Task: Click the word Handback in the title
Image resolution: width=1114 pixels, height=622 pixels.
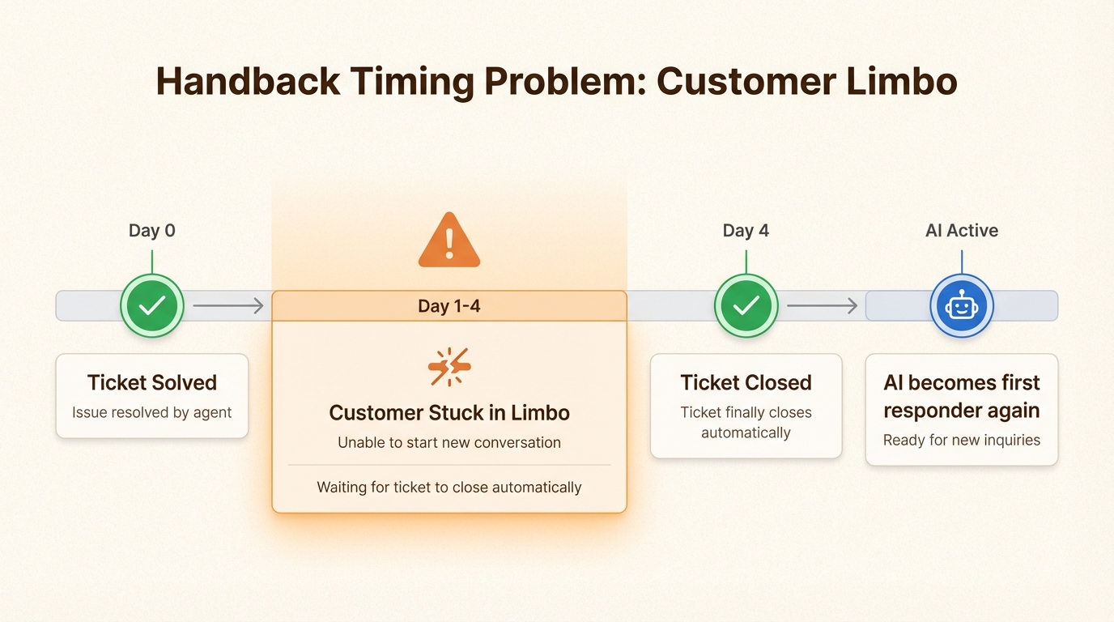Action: [x=249, y=81]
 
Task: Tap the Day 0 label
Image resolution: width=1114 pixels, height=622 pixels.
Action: [x=151, y=230]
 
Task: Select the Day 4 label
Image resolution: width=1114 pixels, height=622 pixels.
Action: [x=746, y=230]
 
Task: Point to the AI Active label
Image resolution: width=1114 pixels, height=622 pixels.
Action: [x=961, y=230]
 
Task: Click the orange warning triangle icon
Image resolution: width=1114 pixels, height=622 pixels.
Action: [x=449, y=241]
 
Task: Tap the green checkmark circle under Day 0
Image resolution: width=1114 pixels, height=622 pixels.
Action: [x=152, y=305]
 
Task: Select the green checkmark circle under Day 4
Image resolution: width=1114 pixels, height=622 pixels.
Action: [x=746, y=305]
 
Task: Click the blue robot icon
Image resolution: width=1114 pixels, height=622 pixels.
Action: [x=962, y=305]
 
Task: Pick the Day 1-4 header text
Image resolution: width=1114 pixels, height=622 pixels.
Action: [x=449, y=306]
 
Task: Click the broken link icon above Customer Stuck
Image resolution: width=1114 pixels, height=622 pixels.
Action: [x=449, y=367]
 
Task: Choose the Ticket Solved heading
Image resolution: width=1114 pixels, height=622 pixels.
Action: [x=152, y=382]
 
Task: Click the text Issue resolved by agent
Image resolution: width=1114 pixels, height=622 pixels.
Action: [x=151, y=412]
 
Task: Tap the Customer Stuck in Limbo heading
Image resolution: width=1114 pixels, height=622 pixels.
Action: [x=449, y=412]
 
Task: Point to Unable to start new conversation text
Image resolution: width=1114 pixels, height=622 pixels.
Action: [x=449, y=442]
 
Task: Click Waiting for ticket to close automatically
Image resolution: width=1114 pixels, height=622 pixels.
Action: [x=449, y=487]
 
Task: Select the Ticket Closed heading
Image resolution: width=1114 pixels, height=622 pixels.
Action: [x=746, y=382]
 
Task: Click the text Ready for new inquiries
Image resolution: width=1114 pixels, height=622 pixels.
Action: [x=961, y=440]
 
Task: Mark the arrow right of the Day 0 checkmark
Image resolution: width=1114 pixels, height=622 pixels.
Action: [x=228, y=305]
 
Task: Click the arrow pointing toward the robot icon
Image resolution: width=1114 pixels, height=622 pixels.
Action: [x=822, y=305]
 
